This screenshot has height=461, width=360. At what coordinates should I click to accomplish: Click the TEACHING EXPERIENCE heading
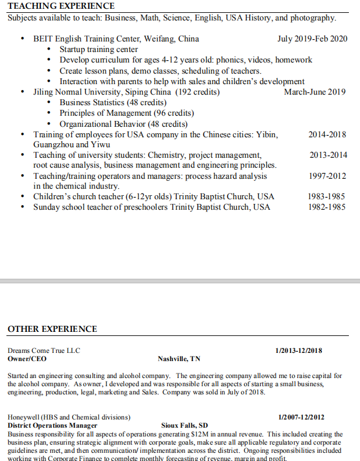coord(61,6)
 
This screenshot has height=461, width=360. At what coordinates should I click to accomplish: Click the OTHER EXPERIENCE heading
coord(52,329)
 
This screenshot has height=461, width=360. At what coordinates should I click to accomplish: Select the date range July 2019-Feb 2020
coord(312,39)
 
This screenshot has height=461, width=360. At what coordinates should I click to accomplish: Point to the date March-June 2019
coord(314,92)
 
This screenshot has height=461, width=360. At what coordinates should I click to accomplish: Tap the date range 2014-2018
coord(327,134)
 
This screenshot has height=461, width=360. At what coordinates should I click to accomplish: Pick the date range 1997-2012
coord(327,176)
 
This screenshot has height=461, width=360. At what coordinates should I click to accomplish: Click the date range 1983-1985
coord(327,196)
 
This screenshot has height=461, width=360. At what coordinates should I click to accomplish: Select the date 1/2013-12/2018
coord(298,351)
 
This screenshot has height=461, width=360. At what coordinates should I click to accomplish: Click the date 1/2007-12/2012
coord(302,417)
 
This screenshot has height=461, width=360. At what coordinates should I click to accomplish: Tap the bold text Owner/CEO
coord(27,359)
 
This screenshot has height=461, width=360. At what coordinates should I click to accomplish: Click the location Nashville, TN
coord(179,359)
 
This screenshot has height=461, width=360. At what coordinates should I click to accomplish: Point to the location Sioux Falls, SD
coord(184,425)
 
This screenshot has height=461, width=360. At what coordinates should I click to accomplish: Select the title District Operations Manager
coord(53,425)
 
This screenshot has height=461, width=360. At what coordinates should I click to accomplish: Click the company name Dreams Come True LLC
coord(44,351)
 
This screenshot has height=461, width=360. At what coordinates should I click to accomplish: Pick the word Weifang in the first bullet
coord(144,39)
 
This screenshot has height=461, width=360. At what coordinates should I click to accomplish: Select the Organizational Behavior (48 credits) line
coord(123,124)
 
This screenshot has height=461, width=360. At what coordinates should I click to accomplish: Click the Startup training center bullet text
coord(99,50)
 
